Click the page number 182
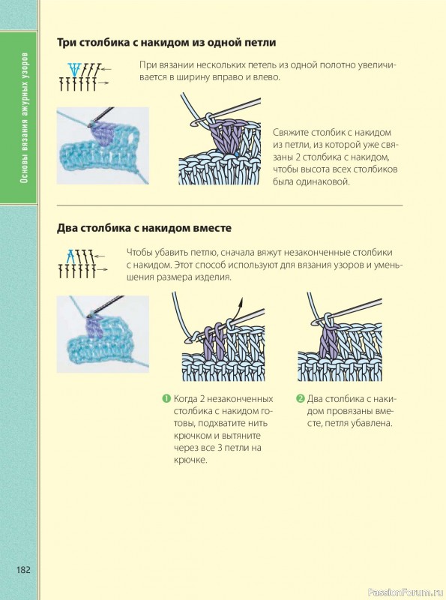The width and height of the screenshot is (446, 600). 23,570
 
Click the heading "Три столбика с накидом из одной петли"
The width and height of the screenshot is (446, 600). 166,43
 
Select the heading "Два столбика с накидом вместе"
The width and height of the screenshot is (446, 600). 144,228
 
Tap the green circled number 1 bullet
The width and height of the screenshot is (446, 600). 166,399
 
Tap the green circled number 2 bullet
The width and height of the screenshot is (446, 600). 301,399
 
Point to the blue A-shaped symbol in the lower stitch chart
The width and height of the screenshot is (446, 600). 70,255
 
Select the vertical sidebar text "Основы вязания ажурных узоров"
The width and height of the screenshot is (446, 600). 24,118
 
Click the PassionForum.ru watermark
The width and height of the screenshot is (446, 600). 405,592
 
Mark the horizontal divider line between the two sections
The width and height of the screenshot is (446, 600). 229,205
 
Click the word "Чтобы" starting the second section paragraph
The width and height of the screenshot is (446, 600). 139,253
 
